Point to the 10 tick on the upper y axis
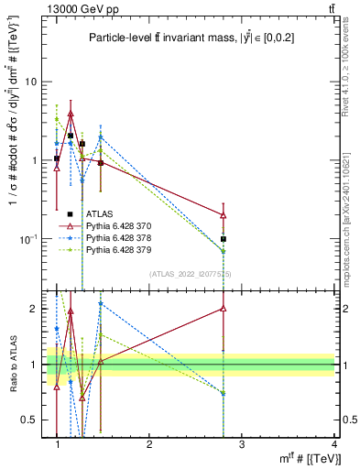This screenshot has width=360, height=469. (x=32, y=82)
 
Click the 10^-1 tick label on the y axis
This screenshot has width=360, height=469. (x=30, y=239)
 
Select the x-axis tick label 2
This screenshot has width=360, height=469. (x=149, y=444)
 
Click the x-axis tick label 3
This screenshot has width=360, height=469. (x=242, y=444)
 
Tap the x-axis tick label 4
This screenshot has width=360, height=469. (x=333, y=444)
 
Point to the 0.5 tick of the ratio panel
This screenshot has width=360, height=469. (x=31, y=420)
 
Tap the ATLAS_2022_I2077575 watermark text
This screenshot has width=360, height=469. (x=189, y=274)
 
